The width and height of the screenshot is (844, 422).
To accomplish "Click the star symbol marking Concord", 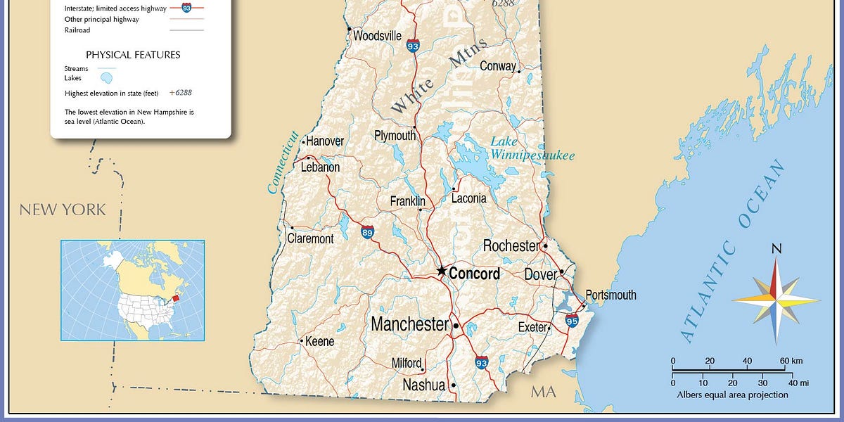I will tap(442, 270).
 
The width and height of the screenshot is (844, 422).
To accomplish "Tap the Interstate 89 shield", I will tap(367, 232).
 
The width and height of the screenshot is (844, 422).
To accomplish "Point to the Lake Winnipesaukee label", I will tap(532, 148).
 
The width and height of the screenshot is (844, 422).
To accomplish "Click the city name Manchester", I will tap(409, 324).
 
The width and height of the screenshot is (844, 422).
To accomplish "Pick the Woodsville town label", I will tap(377, 36).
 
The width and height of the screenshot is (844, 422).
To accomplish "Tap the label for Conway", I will tap(497, 66).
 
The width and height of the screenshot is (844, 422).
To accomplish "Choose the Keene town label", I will tap(319, 341).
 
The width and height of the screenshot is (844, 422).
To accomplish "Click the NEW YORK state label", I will tap(63, 210).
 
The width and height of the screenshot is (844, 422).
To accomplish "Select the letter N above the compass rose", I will tap(776, 248).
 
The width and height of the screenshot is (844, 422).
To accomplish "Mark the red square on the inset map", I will tap(176, 298).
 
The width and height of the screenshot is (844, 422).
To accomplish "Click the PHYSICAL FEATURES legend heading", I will tap(133, 55).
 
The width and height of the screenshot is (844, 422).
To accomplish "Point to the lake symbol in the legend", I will tap(108, 77).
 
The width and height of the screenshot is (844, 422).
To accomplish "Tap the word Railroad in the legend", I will tap(77, 30).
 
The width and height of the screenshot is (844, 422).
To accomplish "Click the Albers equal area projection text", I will tap(732, 395).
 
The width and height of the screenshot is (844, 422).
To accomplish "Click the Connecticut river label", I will tap(282, 162).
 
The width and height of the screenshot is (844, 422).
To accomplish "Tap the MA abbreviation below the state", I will tap(543, 392).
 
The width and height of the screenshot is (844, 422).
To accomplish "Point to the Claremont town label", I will tap(310, 239).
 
